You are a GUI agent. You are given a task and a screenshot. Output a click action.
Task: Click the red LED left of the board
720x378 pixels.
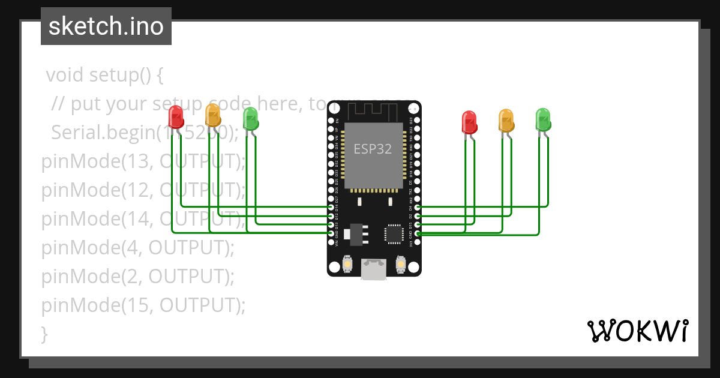[176, 117]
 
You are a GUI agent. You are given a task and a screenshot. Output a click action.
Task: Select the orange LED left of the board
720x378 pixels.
[213, 115]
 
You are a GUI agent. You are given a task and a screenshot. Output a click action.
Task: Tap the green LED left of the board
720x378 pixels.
[250, 119]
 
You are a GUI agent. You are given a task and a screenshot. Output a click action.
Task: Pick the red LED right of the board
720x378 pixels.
[469, 122]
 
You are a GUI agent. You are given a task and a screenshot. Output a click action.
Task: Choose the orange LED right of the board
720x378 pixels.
[506, 121]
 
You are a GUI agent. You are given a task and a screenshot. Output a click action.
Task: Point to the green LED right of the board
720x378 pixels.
[543, 119]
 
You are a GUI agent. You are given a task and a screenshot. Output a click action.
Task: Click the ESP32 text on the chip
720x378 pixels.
[373, 149]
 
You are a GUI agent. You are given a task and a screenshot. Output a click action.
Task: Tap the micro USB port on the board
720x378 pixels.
[373, 269]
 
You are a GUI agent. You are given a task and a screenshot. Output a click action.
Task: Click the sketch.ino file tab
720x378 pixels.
[106, 26]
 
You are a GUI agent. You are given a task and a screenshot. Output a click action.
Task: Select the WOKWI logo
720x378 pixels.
[637, 331]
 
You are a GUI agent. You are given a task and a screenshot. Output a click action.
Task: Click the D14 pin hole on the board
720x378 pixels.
[331, 207]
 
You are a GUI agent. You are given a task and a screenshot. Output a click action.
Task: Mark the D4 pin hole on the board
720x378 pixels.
[417, 207]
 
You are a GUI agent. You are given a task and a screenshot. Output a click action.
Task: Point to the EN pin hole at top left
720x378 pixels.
[331, 121]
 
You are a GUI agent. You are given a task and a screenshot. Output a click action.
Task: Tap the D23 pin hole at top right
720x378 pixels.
[417, 121]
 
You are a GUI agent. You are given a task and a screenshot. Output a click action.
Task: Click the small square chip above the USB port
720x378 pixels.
[394, 233]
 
